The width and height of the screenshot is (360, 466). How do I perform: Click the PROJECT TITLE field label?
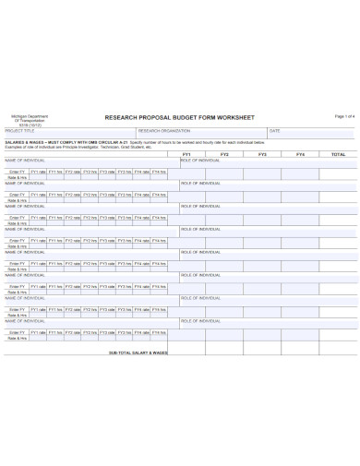click(x=18, y=131)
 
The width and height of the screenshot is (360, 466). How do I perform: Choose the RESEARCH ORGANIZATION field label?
click(x=164, y=131)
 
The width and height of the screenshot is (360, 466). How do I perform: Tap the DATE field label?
click(x=274, y=131)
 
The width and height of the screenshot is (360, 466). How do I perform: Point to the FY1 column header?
click(x=186, y=154)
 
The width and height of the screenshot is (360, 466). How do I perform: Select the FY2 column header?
click(x=224, y=154)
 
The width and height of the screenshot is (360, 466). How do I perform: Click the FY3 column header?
click(x=262, y=154)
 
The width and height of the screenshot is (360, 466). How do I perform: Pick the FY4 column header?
click(x=300, y=154)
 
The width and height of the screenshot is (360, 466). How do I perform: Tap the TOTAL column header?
click(x=337, y=154)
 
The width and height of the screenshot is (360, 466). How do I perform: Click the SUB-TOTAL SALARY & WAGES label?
click(x=138, y=352)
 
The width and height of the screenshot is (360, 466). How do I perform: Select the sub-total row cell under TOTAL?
click(x=337, y=352)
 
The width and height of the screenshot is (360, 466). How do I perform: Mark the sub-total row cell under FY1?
click(x=186, y=352)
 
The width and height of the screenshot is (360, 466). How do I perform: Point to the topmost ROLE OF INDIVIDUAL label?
click(x=200, y=160)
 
